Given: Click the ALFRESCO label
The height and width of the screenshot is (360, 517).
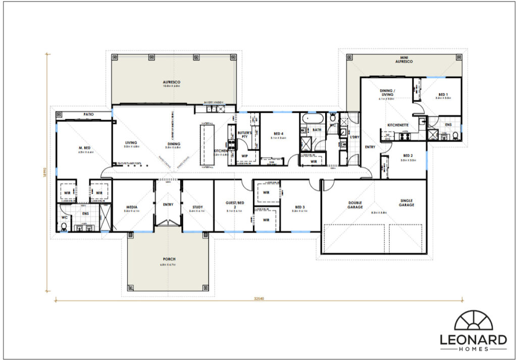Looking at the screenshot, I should point(172,82).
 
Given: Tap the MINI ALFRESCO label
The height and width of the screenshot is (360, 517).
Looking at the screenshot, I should point(404,59).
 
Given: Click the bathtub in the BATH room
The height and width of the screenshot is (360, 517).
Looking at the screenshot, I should point(308,120).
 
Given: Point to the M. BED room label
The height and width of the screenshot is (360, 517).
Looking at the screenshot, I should point(83,147).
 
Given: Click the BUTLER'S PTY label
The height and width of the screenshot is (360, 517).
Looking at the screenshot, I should point(244,135).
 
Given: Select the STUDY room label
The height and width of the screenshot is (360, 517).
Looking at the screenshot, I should point(198,206).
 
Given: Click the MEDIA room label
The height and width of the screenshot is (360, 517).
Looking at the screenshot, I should point(132,206).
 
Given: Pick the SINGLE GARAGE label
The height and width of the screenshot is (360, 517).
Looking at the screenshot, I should point(406,202).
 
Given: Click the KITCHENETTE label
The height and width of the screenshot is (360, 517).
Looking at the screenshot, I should point(398,124).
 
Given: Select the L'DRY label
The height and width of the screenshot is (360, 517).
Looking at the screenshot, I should point(354,137).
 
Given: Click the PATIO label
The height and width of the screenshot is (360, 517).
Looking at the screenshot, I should point(88,115).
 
